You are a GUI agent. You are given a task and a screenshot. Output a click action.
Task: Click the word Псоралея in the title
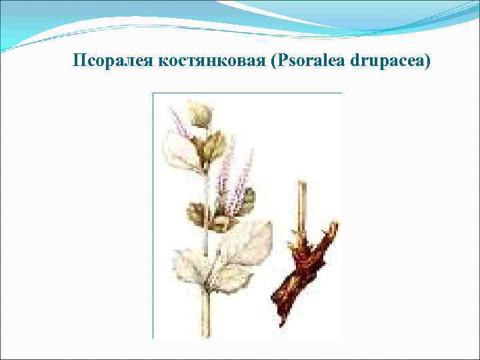[x=114, y=62]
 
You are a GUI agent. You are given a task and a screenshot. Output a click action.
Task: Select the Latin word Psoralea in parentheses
[x=307, y=62]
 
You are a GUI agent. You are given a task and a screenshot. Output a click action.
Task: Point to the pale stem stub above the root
[x=301, y=203]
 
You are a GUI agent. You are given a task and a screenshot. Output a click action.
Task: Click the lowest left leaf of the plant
[x=190, y=267]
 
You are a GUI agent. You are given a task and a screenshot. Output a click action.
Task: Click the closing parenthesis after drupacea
[x=429, y=62]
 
